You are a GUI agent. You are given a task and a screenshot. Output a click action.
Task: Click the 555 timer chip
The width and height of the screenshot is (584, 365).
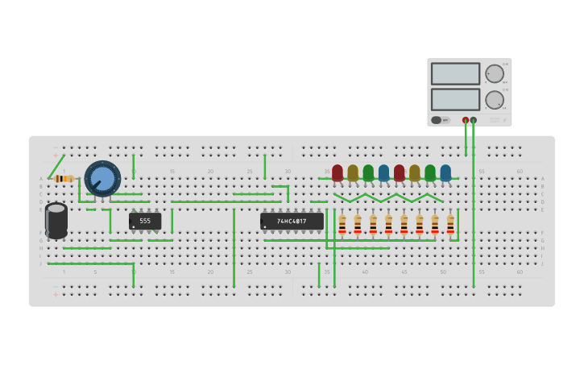tap(145, 221)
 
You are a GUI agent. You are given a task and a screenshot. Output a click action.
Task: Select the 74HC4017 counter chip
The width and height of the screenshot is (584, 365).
tap(292, 221)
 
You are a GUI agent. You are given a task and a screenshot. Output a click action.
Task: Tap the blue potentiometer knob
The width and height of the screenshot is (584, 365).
tap(102, 178)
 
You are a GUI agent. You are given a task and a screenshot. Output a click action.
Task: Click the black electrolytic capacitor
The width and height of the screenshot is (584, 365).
tap(56, 220)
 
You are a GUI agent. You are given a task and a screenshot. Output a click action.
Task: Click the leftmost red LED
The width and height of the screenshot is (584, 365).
tap(338, 172)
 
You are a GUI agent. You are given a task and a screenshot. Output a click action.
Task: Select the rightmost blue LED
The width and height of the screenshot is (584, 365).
tap(445, 172)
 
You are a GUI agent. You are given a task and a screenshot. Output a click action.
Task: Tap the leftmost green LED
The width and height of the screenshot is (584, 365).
tap(368, 172)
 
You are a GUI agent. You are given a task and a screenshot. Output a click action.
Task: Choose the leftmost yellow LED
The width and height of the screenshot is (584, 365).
tap(353, 172)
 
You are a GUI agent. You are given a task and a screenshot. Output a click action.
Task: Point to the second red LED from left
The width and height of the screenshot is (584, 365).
tap(399, 172)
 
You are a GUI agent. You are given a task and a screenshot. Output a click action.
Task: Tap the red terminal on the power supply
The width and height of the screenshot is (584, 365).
tap(466, 120)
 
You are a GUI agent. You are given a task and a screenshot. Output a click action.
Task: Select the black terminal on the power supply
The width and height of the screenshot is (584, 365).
tap(474, 120)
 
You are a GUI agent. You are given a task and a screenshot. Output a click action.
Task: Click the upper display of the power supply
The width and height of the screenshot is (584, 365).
tap(455, 73)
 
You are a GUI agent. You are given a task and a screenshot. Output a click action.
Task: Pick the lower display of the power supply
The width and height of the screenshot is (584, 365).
tap(455, 99)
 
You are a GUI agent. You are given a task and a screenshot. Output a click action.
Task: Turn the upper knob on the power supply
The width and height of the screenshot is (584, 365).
tap(494, 73)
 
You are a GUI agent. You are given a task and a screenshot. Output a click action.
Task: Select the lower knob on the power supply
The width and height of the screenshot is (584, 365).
tap(494, 100)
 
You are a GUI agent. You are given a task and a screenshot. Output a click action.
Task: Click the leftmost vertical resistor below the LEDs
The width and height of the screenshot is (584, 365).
tap(342, 225)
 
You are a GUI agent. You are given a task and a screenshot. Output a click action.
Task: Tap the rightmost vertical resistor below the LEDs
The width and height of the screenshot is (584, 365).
tap(450, 225)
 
